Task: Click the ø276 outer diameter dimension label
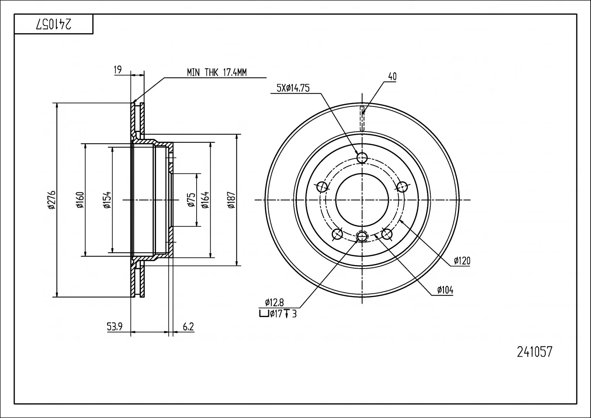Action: [x=51, y=200]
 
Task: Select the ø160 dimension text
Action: [x=80, y=200]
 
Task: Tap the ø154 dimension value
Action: [x=107, y=200]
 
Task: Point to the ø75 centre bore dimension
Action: [x=192, y=200]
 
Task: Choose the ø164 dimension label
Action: [x=205, y=200]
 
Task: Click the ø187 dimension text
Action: [x=231, y=200]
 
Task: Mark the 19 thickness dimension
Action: [x=118, y=70]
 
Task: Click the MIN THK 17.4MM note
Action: [x=217, y=72]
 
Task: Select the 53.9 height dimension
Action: [x=115, y=327]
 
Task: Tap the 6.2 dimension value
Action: [x=188, y=327]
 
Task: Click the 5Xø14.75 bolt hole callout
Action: [x=293, y=88]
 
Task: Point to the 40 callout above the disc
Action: [x=392, y=77]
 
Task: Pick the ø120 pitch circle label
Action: [x=462, y=261]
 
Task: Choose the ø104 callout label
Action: [x=445, y=290]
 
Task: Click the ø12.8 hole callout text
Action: [x=274, y=302]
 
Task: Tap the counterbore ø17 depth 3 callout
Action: [x=278, y=314]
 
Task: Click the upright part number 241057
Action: [x=534, y=352]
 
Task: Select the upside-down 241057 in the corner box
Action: [x=53, y=24]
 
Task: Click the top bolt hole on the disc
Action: [x=362, y=158]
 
